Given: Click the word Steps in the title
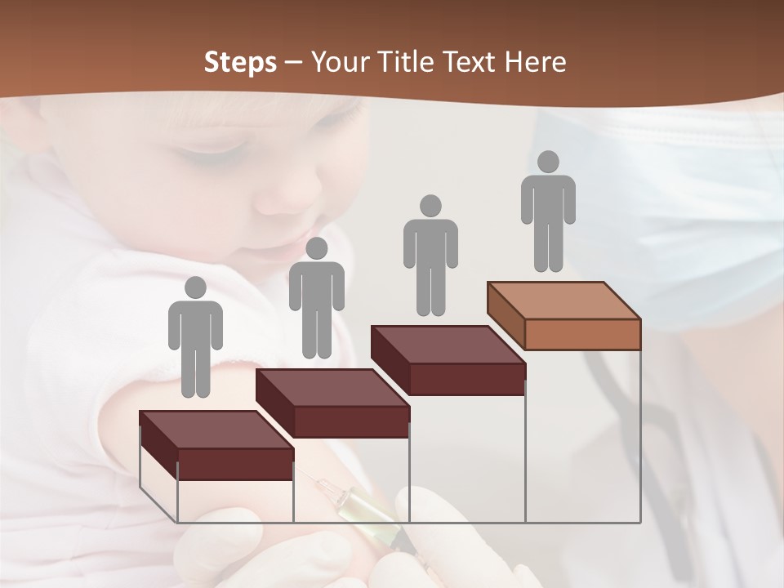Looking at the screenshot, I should (x=240, y=63).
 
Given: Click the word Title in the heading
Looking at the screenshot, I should (x=404, y=62).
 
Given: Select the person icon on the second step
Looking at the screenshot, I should (x=316, y=298).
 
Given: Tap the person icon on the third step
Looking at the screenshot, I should (x=430, y=255).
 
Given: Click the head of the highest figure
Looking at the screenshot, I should (x=548, y=162).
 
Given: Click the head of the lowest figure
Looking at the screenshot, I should (x=195, y=287).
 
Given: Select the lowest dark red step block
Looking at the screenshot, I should (x=216, y=446).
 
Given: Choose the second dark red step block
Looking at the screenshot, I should (x=332, y=403).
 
